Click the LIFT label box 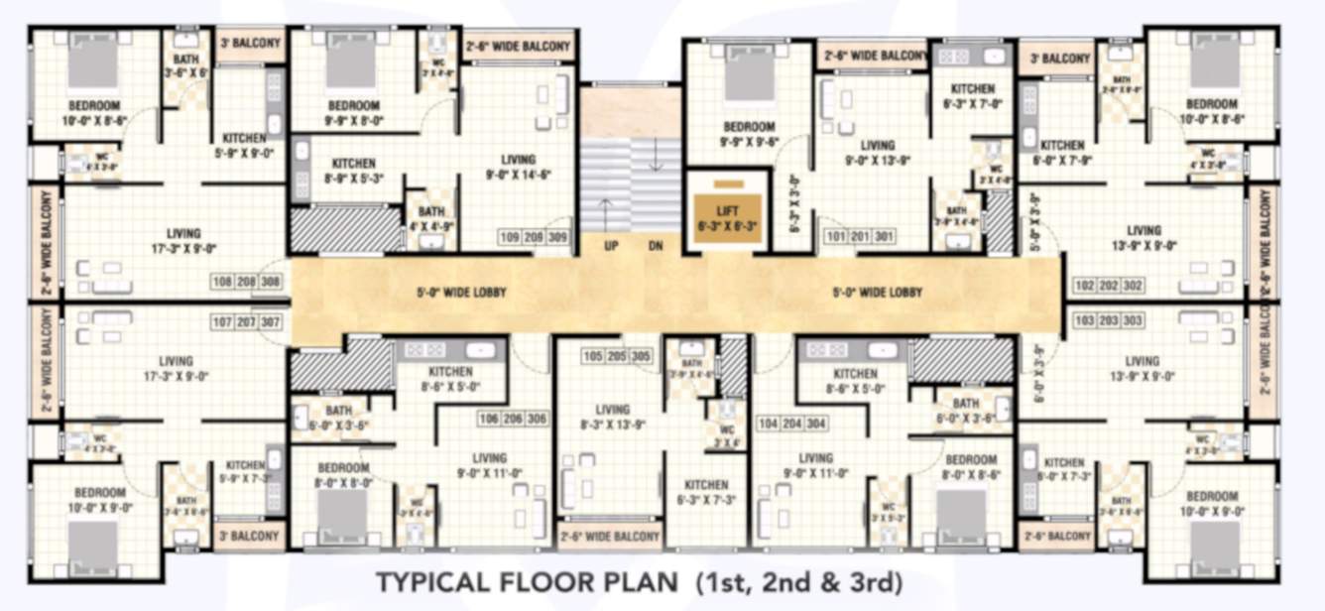(728, 218)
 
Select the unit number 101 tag (836, 238)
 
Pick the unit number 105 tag (592, 355)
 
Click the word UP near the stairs (612, 247)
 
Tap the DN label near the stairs (656, 247)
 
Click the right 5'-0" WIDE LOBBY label (877, 293)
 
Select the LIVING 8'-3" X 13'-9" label (612, 417)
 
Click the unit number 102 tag (1084, 286)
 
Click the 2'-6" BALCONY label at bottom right (1055, 536)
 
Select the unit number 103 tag (1084, 320)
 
